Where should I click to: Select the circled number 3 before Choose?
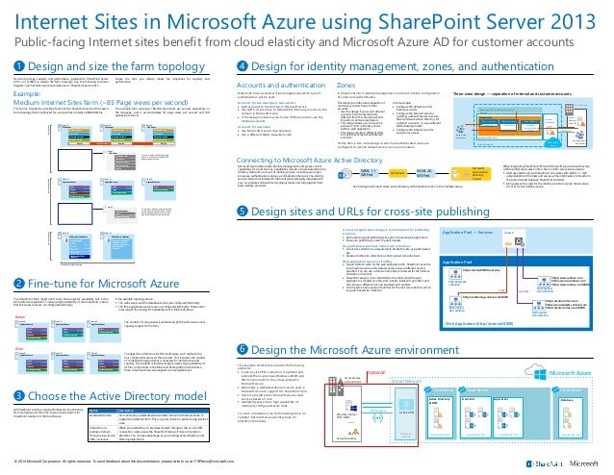pos(17,394)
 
